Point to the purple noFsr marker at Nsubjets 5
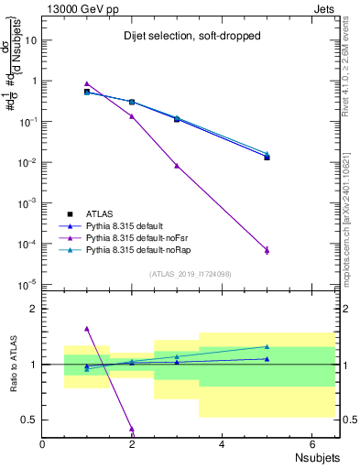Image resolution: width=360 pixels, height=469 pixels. click(267, 250)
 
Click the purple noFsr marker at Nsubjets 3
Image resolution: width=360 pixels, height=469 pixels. click(177, 166)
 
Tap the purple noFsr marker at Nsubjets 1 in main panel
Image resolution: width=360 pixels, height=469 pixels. click(87, 83)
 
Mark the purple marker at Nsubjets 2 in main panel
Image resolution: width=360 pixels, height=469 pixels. click(132, 116)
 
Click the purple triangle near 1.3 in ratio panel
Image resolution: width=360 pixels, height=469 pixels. click(87, 328)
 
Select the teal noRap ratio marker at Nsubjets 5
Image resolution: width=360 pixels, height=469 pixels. click(267, 346)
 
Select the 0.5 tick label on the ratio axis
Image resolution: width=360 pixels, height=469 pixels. click(31, 420)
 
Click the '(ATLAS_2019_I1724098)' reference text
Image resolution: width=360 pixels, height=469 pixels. click(190, 274)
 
